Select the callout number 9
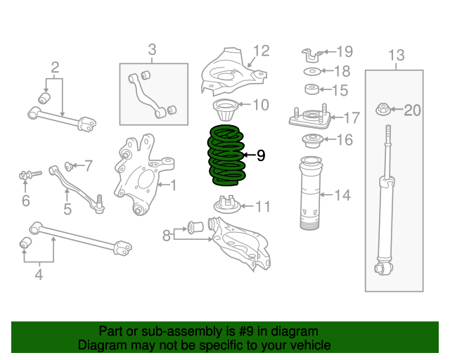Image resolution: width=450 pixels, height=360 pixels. tap(261, 155)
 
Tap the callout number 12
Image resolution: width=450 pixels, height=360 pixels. tap(261, 51)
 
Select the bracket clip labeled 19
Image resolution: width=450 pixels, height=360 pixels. tap(313, 52)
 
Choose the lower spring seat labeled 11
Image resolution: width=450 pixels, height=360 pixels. tap(226, 204)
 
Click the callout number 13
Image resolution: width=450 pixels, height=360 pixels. tap(397, 55)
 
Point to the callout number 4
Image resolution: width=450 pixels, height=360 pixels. tap(39, 275)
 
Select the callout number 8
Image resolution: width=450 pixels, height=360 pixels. tap(167, 236)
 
